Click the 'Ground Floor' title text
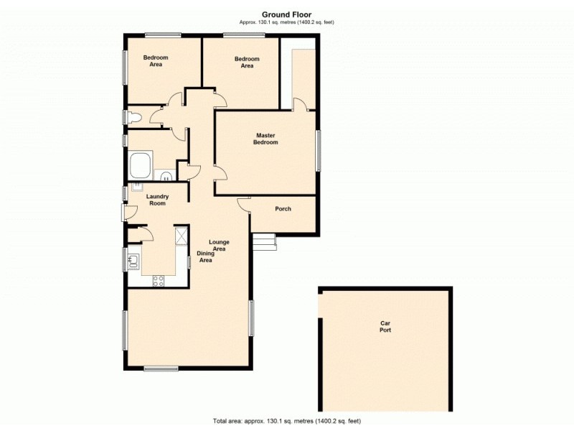(x=286, y=14)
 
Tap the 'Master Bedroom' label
(x=267, y=139)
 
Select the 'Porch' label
(x=283, y=209)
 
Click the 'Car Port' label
(x=385, y=327)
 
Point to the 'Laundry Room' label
(x=156, y=200)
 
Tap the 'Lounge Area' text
(x=220, y=245)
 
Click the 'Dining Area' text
(x=205, y=256)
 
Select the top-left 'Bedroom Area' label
(x=156, y=60)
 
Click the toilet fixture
(x=134, y=116)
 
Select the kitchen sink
(x=133, y=260)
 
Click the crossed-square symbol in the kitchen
(x=182, y=235)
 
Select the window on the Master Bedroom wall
(x=318, y=150)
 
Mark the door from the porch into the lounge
(x=244, y=204)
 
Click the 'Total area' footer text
(x=286, y=420)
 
